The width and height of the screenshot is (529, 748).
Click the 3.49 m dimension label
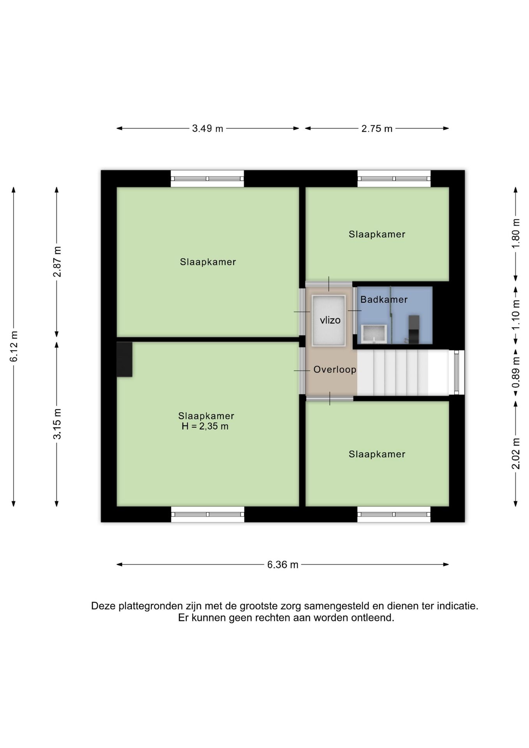tap(208, 129)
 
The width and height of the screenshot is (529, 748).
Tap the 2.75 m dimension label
tap(377, 129)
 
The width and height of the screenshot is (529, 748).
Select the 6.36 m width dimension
tap(283, 565)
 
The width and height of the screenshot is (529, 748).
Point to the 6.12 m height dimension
tap(14, 346)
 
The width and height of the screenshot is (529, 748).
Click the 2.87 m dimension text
tap(57, 262)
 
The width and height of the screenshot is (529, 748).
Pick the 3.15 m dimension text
tap(57, 424)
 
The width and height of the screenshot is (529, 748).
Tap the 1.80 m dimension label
tap(516, 233)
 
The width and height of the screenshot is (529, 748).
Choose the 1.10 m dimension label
tap(516, 314)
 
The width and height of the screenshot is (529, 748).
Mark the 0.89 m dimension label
tap(516, 373)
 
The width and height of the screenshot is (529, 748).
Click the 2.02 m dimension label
tap(516, 454)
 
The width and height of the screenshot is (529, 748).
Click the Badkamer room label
tap(384, 300)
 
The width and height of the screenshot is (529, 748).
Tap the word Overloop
tap(335, 370)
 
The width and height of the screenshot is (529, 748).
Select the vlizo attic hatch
tap(329, 321)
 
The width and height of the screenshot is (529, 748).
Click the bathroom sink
tap(374, 334)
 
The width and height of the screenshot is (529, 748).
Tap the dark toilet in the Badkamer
tap(414, 329)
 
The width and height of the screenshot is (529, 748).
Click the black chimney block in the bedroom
tap(125, 359)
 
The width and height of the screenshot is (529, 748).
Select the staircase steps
tap(403, 373)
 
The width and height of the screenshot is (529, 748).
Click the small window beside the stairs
tap(457, 372)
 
